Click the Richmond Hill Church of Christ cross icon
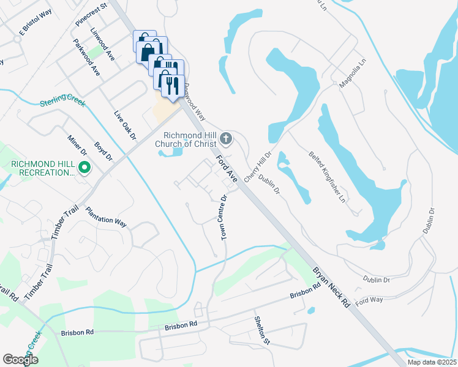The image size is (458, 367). [226, 139]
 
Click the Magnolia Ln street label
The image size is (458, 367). [352, 77]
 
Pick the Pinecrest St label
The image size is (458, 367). [91, 13]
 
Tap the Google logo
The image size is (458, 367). [20, 359]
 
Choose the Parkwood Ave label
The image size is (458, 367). [86, 57]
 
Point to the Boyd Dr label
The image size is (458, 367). [103, 152]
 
